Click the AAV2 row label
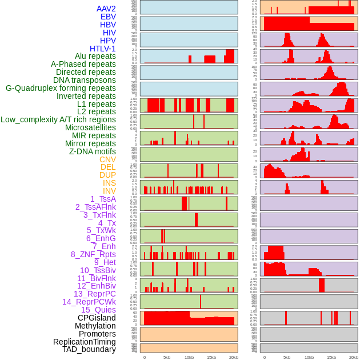106,9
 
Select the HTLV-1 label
102,49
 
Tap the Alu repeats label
95,56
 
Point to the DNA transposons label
84,80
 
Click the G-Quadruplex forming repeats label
61,88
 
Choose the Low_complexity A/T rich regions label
58,119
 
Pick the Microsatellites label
90,127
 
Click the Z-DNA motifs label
92,151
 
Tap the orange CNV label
107,159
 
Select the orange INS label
109,183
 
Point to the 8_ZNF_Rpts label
93,254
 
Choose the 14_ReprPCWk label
89,302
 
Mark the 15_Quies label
98,310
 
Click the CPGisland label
97,318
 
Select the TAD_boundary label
89,349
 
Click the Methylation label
92,326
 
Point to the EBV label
108,17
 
